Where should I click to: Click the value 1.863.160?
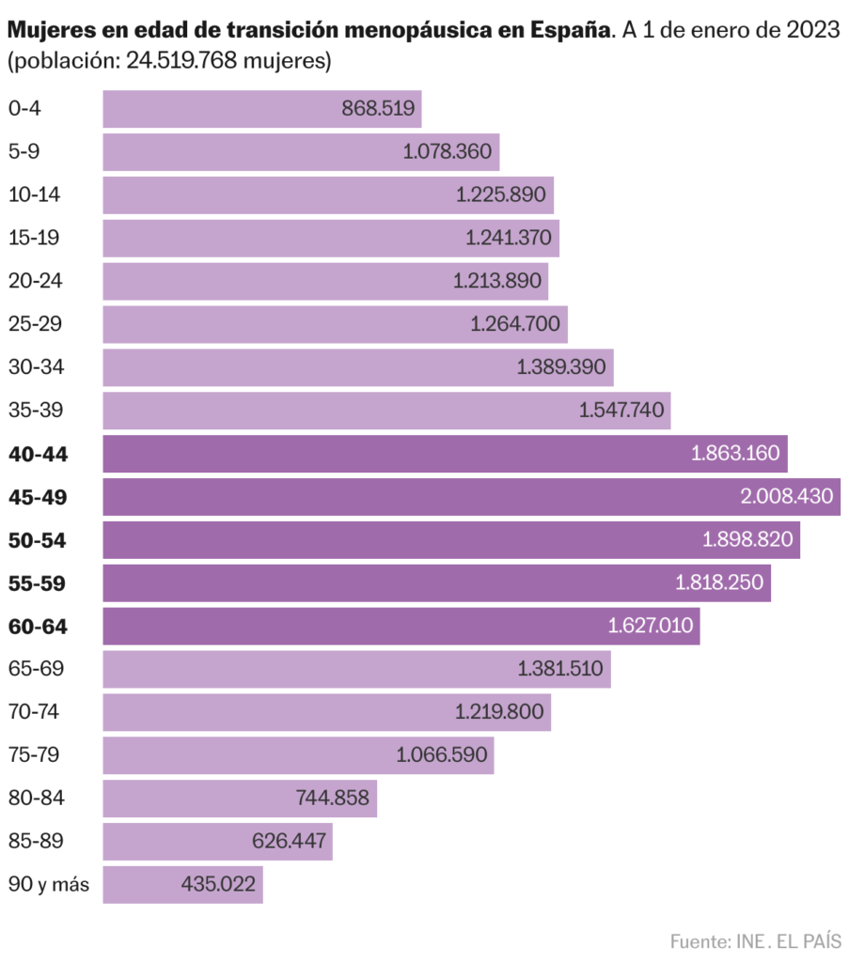[x=735, y=454]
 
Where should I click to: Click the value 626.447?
[x=289, y=842]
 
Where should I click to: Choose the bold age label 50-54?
[x=38, y=540]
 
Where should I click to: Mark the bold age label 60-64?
[x=38, y=627]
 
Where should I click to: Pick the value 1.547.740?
[x=622, y=411]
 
